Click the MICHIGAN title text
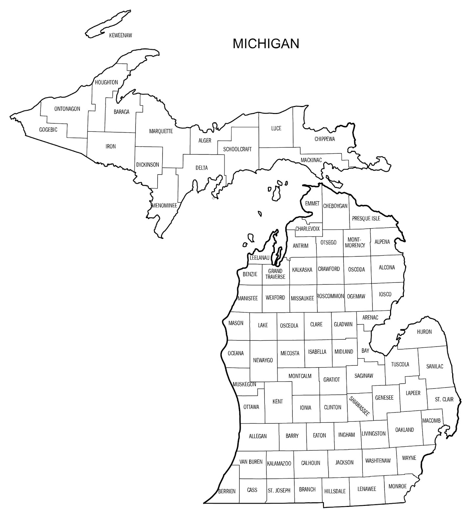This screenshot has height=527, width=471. tap(266, 43)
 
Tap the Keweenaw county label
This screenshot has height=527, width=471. tap(120, 35)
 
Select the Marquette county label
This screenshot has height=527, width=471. tap(161, 131)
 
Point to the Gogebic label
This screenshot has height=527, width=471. tap(48, 130)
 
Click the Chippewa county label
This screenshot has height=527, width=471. tap(325, 139)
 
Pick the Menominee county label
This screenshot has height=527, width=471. tap(165, 206)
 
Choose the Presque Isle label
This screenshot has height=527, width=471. tap(366, 218)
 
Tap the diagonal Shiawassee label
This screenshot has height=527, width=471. tap(359, 406)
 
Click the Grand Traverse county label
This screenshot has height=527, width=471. tap(275, 274)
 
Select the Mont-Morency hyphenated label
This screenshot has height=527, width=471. tap(355, 242)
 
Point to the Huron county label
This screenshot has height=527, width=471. tap(424, 332)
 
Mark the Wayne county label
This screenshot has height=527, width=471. tap(409, 458)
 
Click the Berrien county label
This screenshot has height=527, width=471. tap(227, 491)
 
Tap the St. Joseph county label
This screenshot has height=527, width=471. tap(279, 490)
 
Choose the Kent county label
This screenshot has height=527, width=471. tap(277, 401)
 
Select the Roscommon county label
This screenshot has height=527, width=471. tap(330, 296)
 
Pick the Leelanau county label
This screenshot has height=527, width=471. tap(260, 258)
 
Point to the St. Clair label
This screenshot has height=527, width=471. tap(444, 399)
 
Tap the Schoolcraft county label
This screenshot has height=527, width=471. tap(237, 149)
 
